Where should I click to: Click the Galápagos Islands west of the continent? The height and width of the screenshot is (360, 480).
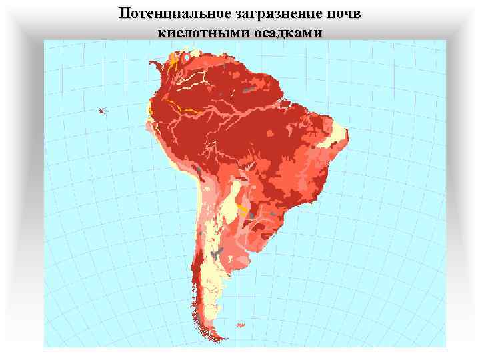(101, 110)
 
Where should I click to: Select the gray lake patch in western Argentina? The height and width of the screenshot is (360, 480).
(215, 253)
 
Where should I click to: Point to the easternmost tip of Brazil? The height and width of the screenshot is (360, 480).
(349, 141)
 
